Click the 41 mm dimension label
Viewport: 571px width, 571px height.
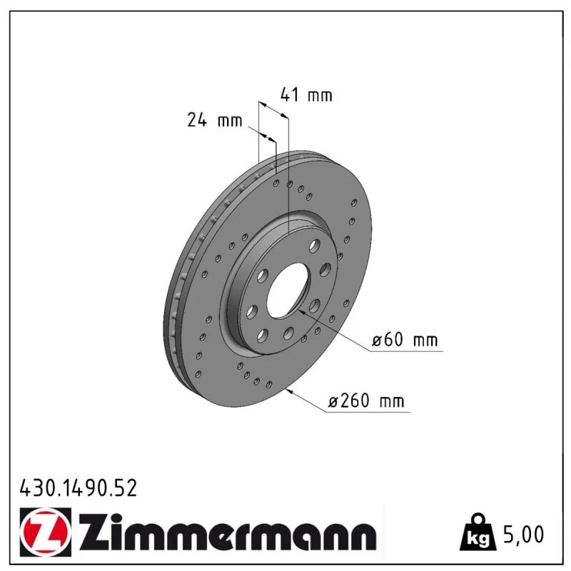[306, 95]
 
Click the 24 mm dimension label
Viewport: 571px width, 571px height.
[215, 120]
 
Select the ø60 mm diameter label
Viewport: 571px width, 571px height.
[405, 340]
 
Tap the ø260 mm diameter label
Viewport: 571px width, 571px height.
[366, 400]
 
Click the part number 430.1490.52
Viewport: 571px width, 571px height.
[79, 488]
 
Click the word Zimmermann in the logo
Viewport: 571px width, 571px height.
[228, 532]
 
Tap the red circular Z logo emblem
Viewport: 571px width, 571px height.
[45, 532]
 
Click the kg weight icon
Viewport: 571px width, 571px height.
[477, 532]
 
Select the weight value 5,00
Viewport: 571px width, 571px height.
[523, 534]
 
